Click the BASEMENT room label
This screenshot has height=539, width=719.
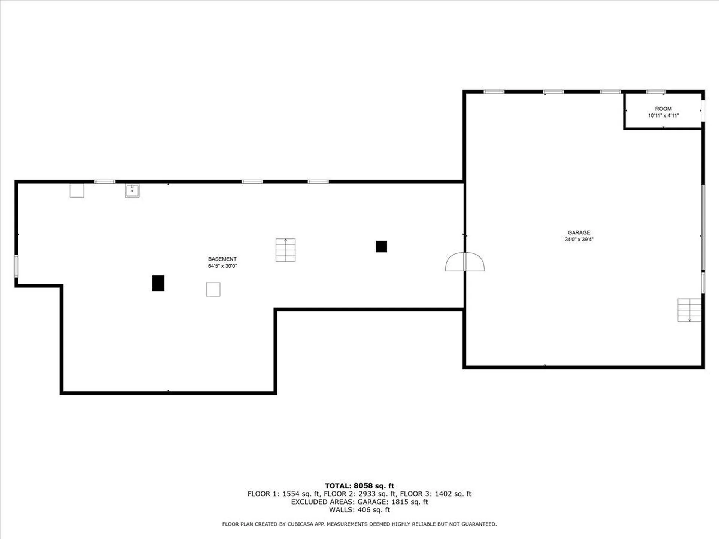tap(222, 259)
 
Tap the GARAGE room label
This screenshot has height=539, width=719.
tap(579, 232)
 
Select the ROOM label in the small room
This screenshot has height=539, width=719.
tap(663, 109)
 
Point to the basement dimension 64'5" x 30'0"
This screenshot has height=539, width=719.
tap(222, 266)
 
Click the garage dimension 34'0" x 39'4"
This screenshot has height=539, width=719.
tap(579, 240)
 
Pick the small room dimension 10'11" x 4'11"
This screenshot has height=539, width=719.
tap(663, 116)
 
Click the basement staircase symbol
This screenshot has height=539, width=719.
tap(285, 250)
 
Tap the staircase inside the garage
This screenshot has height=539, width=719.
tap(689, 310)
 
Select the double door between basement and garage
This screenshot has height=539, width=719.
tap(465, 262)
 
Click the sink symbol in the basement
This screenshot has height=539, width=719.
tap(132, 191)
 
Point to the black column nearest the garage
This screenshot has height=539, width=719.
tap(381, 246)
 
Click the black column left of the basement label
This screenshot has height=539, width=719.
tap(158, 283)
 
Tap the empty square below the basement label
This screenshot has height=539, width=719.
tap(213, 289)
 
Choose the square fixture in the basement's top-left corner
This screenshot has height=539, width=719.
tap(77, 190)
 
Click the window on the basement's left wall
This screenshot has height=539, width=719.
tap(16, 266)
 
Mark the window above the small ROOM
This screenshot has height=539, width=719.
tap(656, 92)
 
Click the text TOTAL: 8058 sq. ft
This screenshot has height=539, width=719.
tap(359, 486)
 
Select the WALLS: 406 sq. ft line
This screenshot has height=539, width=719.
tap(359, 510)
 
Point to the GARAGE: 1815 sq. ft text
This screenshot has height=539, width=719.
tap(392, 502)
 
